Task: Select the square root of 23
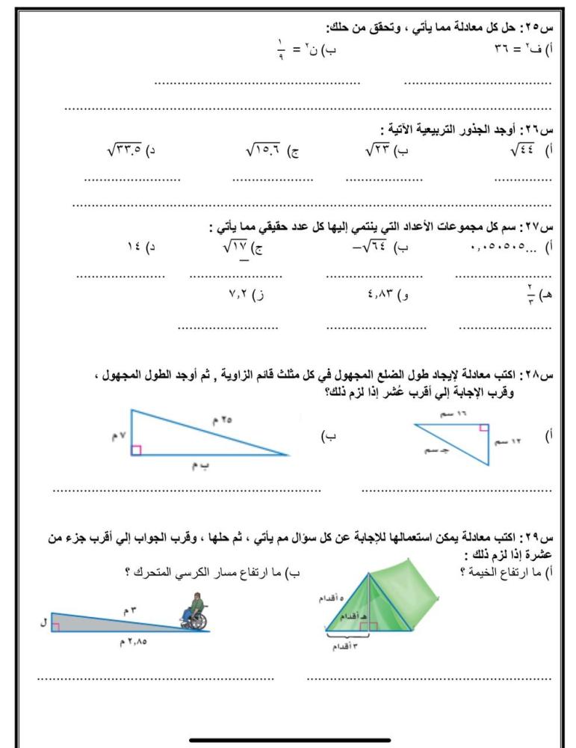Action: tap(380, 150)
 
